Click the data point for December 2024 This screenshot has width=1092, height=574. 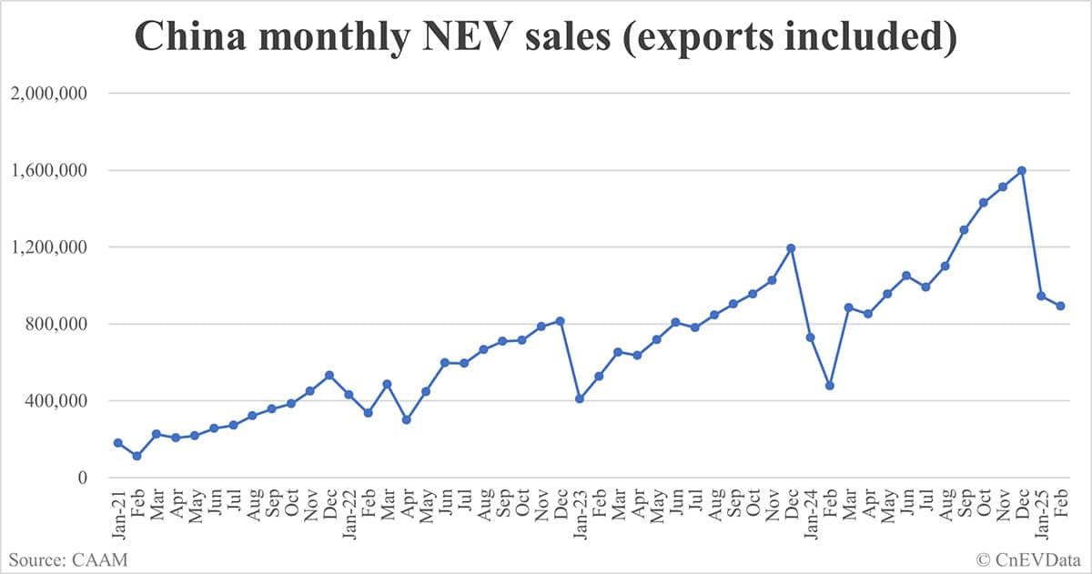[1022, 170]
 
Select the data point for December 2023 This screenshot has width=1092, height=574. [791, 247]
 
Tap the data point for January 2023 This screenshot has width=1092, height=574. [580, 398]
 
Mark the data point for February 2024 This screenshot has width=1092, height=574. [829, 386]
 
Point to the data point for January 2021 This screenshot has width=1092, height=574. [117, 442]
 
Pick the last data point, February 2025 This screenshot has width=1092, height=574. [1060, 306]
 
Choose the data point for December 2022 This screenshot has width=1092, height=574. [560, 320]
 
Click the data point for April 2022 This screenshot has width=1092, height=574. [406, 419]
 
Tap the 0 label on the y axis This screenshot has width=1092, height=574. [84, 478]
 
